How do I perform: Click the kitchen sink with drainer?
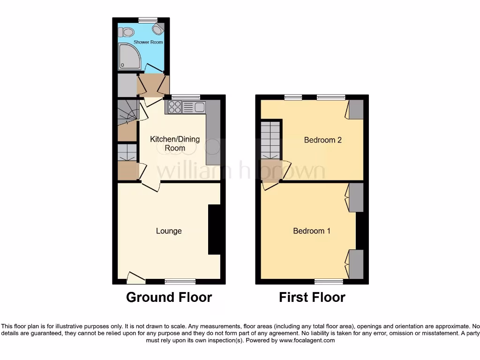[194, 107]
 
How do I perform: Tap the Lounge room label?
[169, 231]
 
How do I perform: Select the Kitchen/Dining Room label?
[174, 143]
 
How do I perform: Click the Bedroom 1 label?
[312, 231]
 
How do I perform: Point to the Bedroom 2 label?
[322, 140]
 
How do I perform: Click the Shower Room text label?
[148, 42]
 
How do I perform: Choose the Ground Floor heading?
[169, 297]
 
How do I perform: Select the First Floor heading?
[312, 297]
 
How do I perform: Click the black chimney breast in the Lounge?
[214, 230]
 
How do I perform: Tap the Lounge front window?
[180, 281]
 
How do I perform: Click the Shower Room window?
[148, 20]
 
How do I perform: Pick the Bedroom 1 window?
[329, 281]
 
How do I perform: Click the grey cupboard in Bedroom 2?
[356, 109]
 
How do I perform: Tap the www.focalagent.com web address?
[307, 340]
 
